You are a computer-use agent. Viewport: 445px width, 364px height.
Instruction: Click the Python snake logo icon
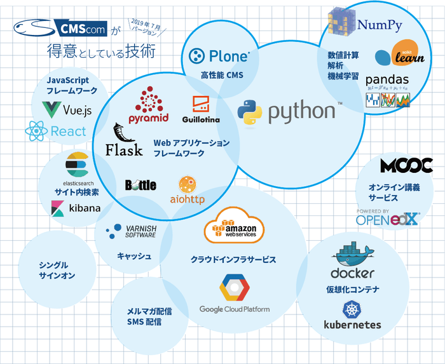(250, 112)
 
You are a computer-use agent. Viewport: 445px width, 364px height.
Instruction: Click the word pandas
(387, 80)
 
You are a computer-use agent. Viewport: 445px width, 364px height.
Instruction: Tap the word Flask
(123, 150)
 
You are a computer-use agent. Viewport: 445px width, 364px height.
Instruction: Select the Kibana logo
(76, 208)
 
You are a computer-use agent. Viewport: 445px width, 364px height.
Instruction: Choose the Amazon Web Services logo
(235, 226)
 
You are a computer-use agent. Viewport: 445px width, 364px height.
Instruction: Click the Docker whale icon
(352, 252)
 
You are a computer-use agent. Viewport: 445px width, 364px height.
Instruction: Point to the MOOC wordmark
(406, 166)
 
